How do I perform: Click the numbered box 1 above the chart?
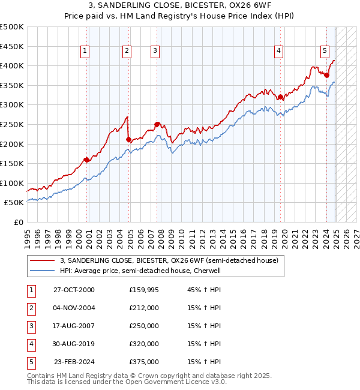[x=85, y=52]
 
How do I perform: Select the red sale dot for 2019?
[x=280, y=97]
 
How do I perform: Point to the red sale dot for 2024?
[x=326, y=75]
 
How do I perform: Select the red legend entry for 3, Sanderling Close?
[x=169, y=261]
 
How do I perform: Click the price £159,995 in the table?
[x=145, y=290]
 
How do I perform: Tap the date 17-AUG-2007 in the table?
[x=74, y=326]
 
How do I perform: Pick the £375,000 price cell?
[x=144, y=362]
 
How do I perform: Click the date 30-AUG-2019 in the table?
[x=74, y=344]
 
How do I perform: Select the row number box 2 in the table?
[x=31, y=308]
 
